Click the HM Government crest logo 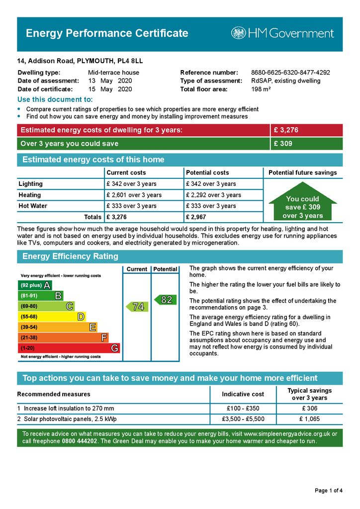click(238, 33)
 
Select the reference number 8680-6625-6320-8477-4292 click(290, 73)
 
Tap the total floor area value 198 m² click(261, 89)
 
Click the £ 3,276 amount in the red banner click(286, 130)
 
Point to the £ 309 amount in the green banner click(283, 144)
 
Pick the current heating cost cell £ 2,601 click(134, 195)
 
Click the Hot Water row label click(33, 206)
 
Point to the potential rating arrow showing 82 click(165, 300)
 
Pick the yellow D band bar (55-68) click(52, 317)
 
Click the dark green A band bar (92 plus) click(35, 285)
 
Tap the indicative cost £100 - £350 click(243, 408)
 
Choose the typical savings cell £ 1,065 click(309, 419)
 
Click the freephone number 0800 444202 click(80, 441)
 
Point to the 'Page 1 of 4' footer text click(329, 491)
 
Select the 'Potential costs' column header click(207, 172)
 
